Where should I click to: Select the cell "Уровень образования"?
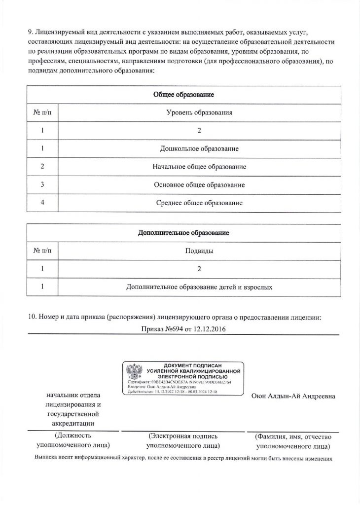click(199, 113)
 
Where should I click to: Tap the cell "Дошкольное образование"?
click(199, 148)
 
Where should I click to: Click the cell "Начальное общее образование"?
click(199, 167)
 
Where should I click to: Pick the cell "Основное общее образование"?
click(199, 184)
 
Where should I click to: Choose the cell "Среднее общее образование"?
click(199, 203)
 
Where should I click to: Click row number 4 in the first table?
click(42, 203)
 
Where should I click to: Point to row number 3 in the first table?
click(42, 184)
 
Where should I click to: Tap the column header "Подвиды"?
click(199, 251)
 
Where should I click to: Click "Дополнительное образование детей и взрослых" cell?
click(199, 287)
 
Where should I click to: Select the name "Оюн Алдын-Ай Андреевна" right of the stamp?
click(293, 396)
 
